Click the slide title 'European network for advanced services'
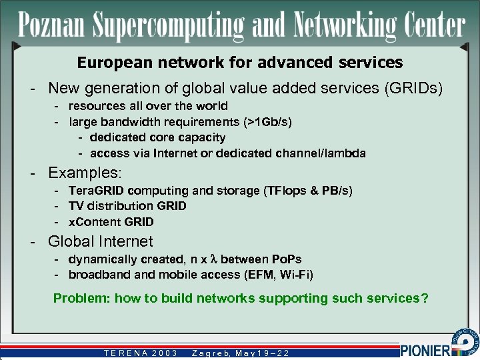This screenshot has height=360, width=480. tap(240, 63)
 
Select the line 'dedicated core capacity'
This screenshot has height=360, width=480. tap(157, 137)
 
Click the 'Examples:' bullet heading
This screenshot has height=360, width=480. tap(85, 173)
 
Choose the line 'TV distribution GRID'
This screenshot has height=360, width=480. tap(127, 206)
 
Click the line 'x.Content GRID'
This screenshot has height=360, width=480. tap(111, 222)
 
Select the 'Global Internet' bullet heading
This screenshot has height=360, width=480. tap(100, 241)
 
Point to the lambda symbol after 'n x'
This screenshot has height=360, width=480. tap(214, 259)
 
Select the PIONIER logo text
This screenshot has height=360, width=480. tap(425, 349)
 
